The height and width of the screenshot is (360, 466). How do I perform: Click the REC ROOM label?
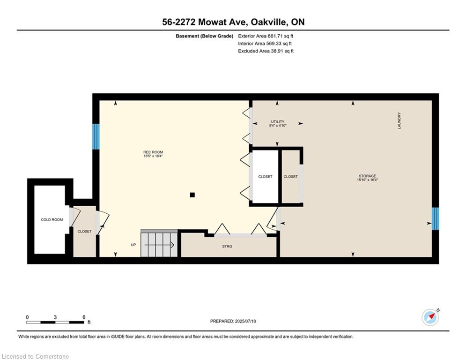click(153, 152)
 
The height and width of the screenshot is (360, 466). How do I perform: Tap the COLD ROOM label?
click(52, 219)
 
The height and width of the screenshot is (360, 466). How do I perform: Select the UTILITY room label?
click(278, 122)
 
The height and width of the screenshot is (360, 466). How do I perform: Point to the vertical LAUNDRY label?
click(399, 120)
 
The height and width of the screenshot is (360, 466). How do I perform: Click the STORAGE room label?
click(367, 176)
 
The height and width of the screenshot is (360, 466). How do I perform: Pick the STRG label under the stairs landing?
click(227, 246)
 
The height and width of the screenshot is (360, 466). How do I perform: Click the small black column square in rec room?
click(192, 195)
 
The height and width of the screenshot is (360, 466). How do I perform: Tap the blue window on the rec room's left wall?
click(96, 136)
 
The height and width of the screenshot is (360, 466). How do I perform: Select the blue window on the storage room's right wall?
click(435, 219)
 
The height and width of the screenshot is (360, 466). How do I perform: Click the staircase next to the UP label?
click(159, 244)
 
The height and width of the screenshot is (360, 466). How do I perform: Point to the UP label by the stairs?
click(133, 245)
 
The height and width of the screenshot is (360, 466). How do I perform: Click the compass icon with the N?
click(430, 317)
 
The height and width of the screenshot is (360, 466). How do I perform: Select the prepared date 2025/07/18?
click(233, 321)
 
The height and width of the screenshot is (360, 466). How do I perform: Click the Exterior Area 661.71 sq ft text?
click(266, 36)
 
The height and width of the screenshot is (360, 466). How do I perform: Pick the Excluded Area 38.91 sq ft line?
click(266, 51)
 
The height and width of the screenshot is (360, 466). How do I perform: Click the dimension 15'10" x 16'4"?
click(368, 180)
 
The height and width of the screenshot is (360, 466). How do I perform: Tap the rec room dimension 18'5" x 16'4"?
click(153, 156)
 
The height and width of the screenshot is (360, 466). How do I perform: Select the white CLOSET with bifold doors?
click(265, 177)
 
